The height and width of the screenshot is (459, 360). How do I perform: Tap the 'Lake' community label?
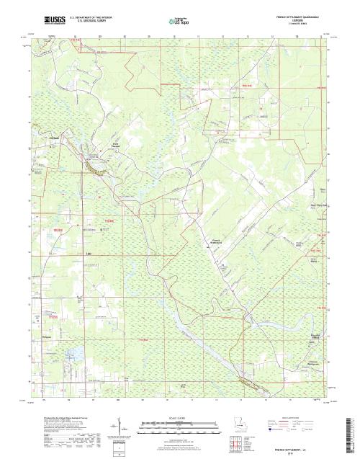tap(89, 254)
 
